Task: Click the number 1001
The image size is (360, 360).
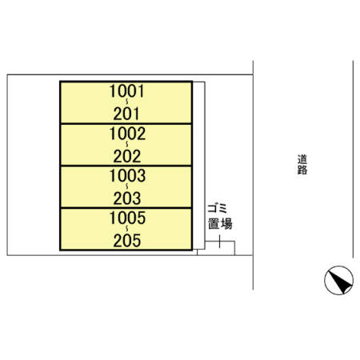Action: [x=127, y=91]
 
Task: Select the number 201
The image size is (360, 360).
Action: [x=126, y=114]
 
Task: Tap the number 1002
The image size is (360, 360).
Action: [x=127, y=134]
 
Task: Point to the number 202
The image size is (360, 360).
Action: [x=127, y=156]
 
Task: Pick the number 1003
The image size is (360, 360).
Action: [x=127, y=176]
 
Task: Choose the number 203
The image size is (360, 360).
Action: [x=127, y=198]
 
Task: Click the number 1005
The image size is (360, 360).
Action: [x=127, y=218]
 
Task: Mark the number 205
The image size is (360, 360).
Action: [x=127, y=241]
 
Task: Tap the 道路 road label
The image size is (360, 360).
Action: [x=302, y=165]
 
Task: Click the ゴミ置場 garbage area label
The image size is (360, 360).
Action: [x=220, y=217]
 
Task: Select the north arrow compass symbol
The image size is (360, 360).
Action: [x=338, y=280]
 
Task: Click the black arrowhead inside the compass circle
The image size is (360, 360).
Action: [x=340, y=282]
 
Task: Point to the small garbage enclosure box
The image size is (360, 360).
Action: [x=216, y=248]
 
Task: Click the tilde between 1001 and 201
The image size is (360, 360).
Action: [x=126, y=102]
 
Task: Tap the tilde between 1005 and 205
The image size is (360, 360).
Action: [x=126, y=228]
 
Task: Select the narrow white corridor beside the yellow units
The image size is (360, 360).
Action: [x=198, y=166]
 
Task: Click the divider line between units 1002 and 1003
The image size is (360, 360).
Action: [x=126, y=166]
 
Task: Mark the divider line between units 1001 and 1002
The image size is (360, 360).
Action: [x=126, y=124]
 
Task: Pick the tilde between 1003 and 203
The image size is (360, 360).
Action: [x=126, y=186]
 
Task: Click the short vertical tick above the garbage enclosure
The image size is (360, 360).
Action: [x=219, y=242]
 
